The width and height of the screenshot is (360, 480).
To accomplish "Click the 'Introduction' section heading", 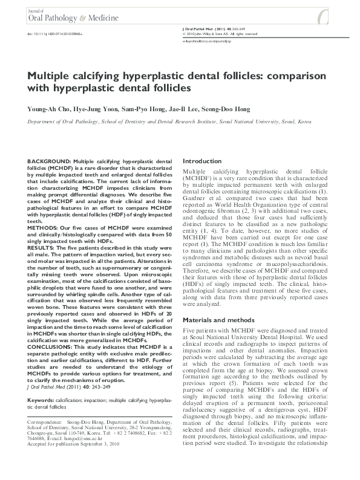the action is click(202, 161).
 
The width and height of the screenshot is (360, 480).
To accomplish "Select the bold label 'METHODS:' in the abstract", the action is click(42, 229).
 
